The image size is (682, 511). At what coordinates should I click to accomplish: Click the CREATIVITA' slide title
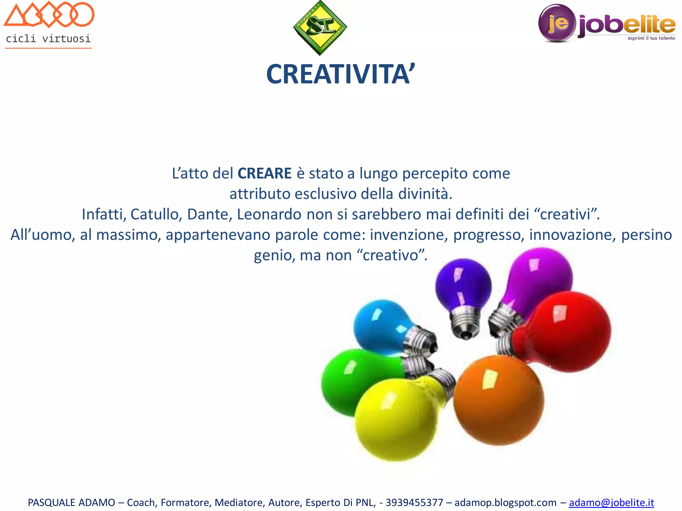(x=340, y=75)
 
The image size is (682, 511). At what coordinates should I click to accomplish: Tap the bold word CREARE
(x=264, y=174)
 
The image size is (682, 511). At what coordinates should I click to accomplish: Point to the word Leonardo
(x=269, y=215)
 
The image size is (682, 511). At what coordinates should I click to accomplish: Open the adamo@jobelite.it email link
(x=611, y=502)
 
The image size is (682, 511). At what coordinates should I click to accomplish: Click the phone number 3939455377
(x=414, y=502)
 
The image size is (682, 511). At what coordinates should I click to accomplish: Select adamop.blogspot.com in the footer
(x=505, y=502)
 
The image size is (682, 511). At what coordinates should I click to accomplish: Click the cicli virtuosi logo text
(x=48, y=39)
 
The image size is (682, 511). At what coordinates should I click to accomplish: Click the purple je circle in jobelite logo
(x=557, y=23)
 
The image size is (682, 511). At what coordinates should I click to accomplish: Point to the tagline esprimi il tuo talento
(x=651, y=38)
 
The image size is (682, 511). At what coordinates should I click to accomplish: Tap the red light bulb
(x=566, y=331)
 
